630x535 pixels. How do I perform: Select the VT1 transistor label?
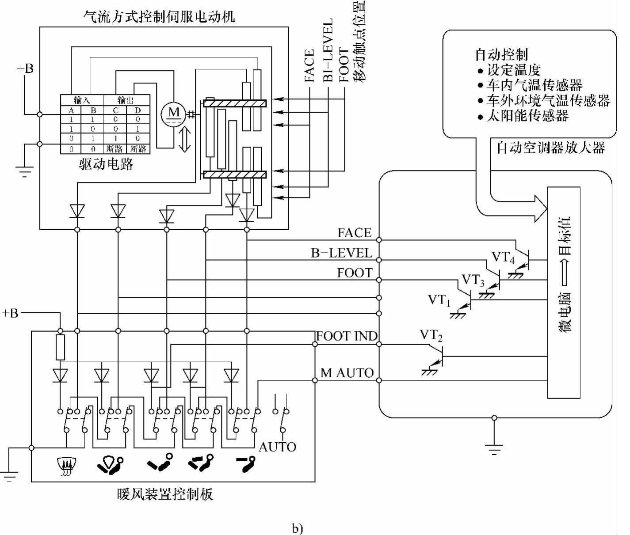[439, 300]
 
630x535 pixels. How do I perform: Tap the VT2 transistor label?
[431, 336]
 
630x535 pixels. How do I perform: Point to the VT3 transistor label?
[473, 280]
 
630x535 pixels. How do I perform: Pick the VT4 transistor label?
[503, 257]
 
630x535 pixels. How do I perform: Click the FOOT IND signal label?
[347, 336]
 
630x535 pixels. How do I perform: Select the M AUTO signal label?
[347, 373]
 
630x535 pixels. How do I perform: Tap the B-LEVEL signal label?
[341, 253]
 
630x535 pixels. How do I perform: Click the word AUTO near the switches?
[277, 447]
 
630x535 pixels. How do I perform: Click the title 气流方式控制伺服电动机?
[159, 17]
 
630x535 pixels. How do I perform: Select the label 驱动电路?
[106, 164]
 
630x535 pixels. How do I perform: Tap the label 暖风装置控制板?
[165, 494]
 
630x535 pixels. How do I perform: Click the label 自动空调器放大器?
[550, 148]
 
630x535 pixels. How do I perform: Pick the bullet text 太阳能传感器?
[527, 116]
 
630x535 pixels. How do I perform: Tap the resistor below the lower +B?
[60, 347]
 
